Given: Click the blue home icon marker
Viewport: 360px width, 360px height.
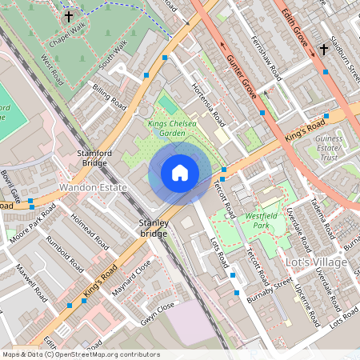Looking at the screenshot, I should pos(180,172).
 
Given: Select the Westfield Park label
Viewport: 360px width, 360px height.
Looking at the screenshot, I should pos(268,220).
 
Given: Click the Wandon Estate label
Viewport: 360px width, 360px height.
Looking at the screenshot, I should pos(94,187).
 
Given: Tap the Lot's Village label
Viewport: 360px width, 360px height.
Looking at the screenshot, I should pos(317,262).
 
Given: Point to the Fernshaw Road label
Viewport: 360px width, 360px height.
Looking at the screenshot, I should pos(266,58).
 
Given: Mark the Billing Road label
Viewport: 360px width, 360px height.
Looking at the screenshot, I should pos(110,97).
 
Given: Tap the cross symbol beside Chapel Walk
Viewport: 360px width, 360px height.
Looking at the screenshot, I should pos(69,15).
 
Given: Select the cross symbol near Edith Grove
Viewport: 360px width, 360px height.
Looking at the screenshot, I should pos(323,50).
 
